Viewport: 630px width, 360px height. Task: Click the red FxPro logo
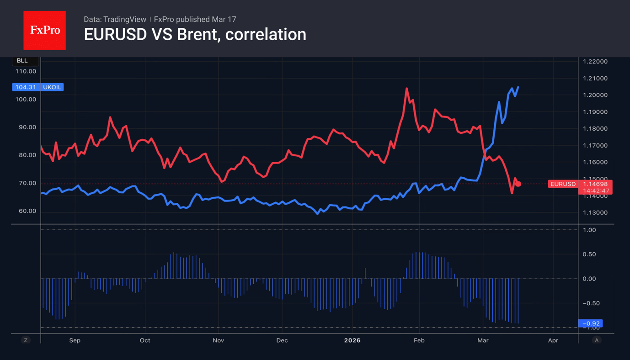tap(44, 31)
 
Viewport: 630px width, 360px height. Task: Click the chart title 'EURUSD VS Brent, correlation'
tap(195, 35)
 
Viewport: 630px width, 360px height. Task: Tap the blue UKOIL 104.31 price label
tap(38, 87)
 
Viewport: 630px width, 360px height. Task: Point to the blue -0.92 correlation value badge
tap(590, 323)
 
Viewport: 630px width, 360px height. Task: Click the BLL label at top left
tap(22, 61)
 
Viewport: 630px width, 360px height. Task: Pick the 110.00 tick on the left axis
tap(26, 71)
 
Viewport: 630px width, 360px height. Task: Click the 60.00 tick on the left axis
tap(26, 211)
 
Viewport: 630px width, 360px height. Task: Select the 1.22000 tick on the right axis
tap(595, 62)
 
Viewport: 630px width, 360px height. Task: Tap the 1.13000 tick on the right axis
tap(595, 213)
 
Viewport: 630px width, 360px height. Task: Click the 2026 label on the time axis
tap(352, 340)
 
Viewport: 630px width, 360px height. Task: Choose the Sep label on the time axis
tap(75, 340)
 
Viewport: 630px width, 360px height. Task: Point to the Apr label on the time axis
tap(553, 340)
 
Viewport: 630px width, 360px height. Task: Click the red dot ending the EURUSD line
tap(518, 184)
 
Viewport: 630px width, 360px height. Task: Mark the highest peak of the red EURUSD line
tap(406, 89)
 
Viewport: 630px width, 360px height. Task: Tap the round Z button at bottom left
tap(26, 340)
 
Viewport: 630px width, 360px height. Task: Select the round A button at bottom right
tap(596, 340)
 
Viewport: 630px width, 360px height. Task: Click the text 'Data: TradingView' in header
tap(115, 19)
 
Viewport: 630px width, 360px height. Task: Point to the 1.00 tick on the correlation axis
tap(590, 230)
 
